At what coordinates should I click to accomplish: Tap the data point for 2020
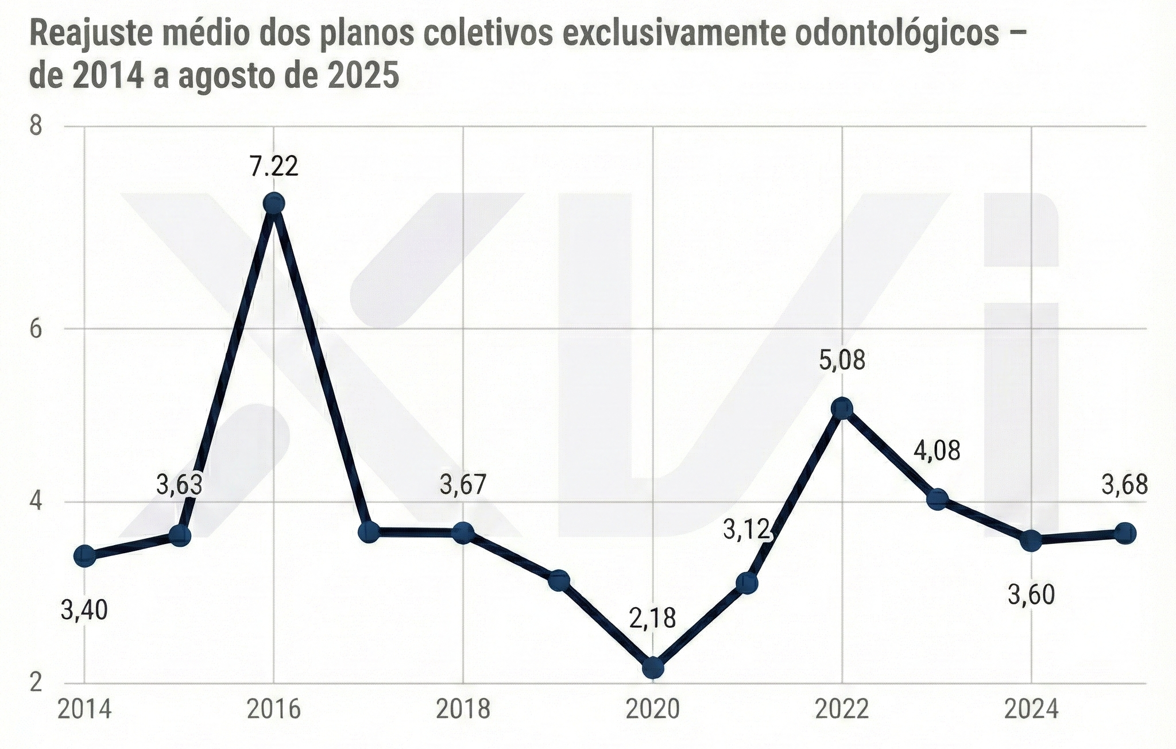[x=653, y=667]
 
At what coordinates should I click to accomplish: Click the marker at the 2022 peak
[x=842, y=408]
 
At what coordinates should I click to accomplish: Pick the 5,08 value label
[x=842, y=361]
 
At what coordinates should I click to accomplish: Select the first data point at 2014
[x=85, y=555]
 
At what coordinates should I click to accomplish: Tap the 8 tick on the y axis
[x=36, y=125]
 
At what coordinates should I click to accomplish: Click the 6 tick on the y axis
[x=36, y=329]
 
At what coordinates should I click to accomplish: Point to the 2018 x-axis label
[x=463, y=710]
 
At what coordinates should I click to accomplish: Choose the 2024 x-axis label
[x=1031, y=710]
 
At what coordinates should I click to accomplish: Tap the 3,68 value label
[x=1124, y=485]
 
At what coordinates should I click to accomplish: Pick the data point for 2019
[x=559, y=580]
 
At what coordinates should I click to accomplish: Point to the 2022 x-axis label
[x=842, y=710]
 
